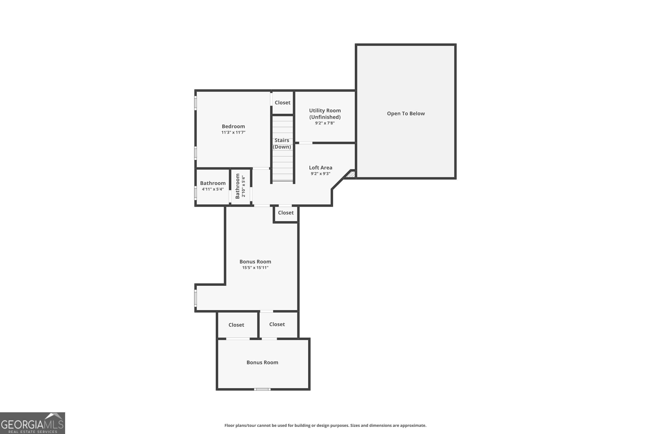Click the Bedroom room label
coord(233,126)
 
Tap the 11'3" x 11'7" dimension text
coord(233,132)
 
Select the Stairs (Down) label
coord(282,143)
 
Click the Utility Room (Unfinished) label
coord(325,113)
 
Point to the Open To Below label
coord(406,113)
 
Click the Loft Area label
coord(320,168)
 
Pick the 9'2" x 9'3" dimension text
coord(320,174)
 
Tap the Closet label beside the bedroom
coord(282,102)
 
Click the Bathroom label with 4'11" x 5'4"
coord(213,183)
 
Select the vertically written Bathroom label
coord(237,186)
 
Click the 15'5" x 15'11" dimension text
coord(255,267)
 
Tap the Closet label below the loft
coord(286,213)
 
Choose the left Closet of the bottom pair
coord(236,325)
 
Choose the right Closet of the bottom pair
coord(277,324)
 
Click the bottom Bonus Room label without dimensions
coord(262,362)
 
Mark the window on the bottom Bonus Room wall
coord(262,389)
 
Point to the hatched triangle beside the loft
coord(352,175)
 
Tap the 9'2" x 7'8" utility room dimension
coord(325,123)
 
